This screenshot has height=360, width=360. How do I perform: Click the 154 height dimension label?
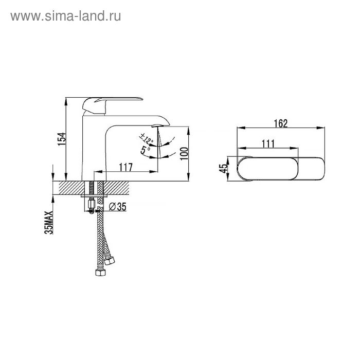click(62, 139)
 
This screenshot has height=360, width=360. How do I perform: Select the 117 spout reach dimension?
click(125, 167)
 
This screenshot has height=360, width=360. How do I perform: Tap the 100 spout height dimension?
click(184, 154)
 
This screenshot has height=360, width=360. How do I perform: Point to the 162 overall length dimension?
click(281, 123)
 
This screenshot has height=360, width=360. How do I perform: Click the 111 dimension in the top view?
click(268, 143)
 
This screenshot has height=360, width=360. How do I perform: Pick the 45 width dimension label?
click(223, 169)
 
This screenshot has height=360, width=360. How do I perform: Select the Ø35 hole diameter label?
click(117, 207)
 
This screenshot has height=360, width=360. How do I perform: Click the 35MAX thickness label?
click(49, 223)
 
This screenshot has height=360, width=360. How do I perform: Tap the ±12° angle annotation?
click(146, 138)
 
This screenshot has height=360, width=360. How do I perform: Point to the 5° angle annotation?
click(145, 150)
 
